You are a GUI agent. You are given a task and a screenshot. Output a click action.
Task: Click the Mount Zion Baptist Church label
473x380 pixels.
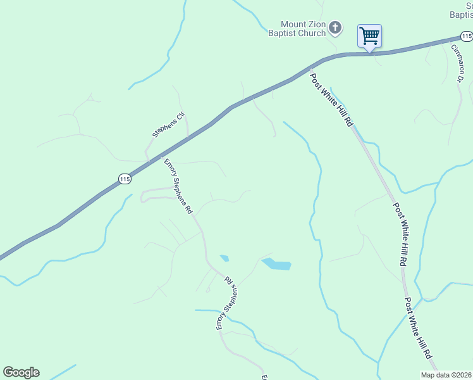304,28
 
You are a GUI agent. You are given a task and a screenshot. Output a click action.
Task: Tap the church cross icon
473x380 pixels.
335,27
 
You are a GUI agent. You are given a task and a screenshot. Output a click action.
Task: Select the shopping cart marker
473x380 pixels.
369,35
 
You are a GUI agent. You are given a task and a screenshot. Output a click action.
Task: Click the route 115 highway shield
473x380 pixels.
125,179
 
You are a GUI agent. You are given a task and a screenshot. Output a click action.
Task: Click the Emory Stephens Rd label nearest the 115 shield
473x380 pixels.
178,187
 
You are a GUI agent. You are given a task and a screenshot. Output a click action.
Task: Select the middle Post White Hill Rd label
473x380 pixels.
400,233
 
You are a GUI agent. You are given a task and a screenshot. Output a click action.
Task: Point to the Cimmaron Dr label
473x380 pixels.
457,63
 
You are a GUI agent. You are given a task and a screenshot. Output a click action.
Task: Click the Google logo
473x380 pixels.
21,372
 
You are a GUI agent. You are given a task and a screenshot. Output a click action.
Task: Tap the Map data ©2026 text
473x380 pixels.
446,375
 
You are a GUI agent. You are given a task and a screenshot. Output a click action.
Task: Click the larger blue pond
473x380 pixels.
276,264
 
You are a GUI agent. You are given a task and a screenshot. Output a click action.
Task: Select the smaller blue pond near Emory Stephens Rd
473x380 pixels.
224,258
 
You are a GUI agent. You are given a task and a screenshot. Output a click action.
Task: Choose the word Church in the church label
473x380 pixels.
312,33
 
